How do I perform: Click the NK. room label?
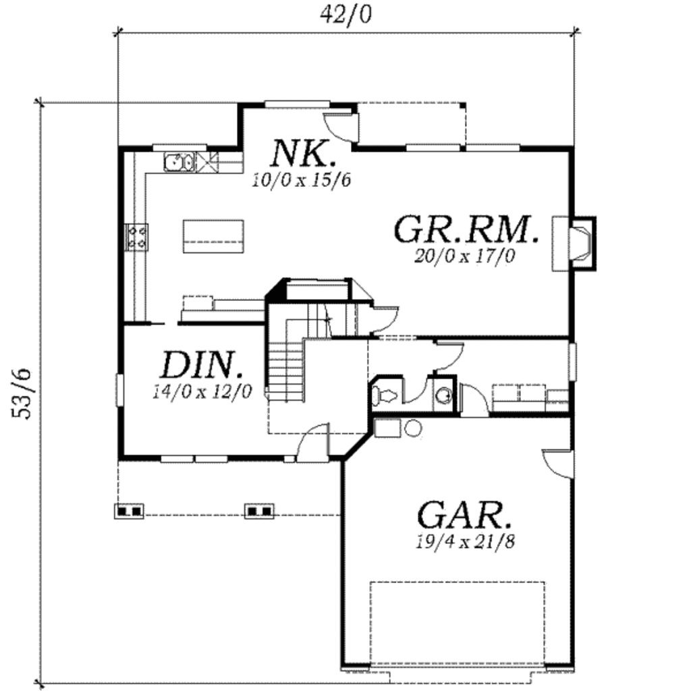pos(303,153)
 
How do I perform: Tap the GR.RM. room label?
pos(466,229)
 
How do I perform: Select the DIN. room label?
pos(201,365)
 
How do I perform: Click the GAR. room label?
pos(464,516)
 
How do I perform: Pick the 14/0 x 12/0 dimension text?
pos(202,391)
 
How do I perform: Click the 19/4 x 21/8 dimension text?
pos(466,541)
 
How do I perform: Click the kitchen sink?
pos(179,162)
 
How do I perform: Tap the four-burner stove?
pos(137,236)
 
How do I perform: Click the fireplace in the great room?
pos(579,243)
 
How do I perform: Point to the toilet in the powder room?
pos(384,393)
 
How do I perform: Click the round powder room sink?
pos(443,395)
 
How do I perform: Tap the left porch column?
pos(129,511)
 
